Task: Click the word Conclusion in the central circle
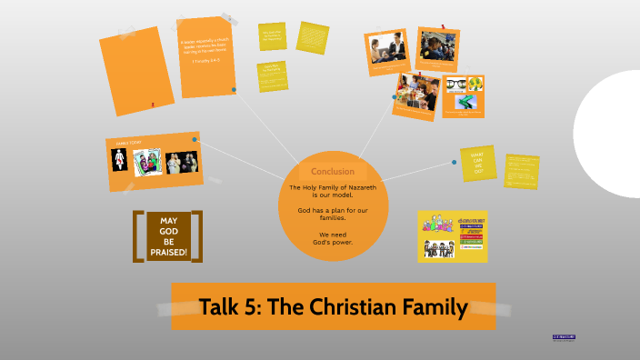click(333, 172)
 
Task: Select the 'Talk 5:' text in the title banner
click(231, 307)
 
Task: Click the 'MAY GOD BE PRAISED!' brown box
click(168, 236)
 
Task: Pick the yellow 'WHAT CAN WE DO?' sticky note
click(478, 161)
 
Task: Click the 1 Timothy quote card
click(207, 56)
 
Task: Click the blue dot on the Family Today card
click(195, 138)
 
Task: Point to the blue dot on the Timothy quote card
click(235, 89)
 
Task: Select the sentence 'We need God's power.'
click(333, 237)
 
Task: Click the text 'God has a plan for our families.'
click(333, 215)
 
